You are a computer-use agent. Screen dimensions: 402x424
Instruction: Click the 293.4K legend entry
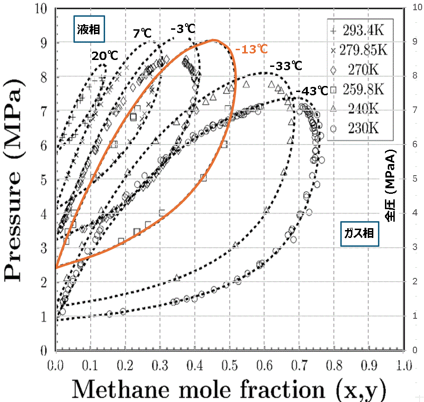click(x=361, y=30)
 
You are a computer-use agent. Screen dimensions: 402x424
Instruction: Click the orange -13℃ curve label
click(x=251, y=49)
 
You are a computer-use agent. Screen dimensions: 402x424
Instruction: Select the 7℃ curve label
click(x=142, y=33)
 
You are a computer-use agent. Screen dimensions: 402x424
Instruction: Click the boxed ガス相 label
click(x=359, y=233)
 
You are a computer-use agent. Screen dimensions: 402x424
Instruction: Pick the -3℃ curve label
click(x=183, y=29)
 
